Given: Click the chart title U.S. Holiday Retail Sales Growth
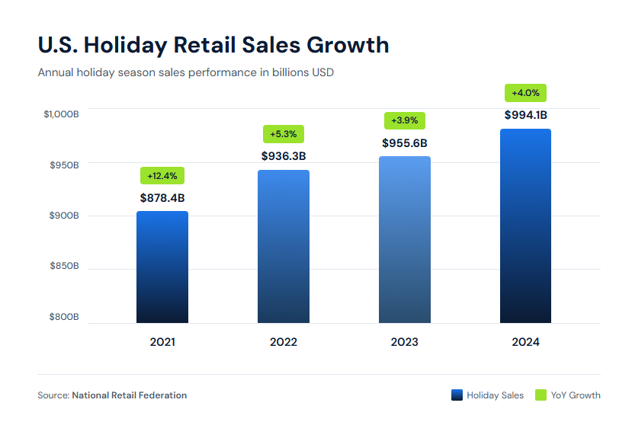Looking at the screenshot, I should pyautogui.click(x=213, y=45).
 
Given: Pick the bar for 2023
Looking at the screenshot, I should pyautogui.click(x=405, y=239).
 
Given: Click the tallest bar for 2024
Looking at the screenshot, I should pyautogui.click(x=525, y=225).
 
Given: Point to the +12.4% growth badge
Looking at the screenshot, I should pyautogui.click(x=162, y=176).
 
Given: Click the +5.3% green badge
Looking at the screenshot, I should pyautogui.click(x=284, y=134).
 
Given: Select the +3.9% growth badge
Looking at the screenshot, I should pyautogui.click(x=405, y=120).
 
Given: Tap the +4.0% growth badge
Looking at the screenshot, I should pyautogui.click(x=525, y=93).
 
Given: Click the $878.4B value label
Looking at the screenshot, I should pyautogui.click(x=162, y=198).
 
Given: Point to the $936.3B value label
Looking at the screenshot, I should pyautogui.click(x=284, y=156).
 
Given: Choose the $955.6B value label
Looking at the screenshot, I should pyautogui.click(x=405, y=142).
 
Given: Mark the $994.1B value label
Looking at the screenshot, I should pyautogui.click(x=525, y=115).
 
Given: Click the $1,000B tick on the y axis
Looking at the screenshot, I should pyautogui.click(x=61, y=114).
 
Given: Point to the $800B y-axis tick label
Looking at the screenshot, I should pyautogui.click(x=64, y=317).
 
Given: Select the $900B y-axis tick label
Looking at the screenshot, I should pyautogui.click(x=64, y=216).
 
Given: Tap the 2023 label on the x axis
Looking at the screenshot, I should pyautogui.click(x=405, y=342).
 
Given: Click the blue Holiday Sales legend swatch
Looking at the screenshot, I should pyautogui.click(x=457, y=395).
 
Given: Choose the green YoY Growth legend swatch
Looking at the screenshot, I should pyautogui.click(x=541, y=395).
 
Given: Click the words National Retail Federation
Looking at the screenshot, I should pyautogui.click(x=129, y=395).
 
